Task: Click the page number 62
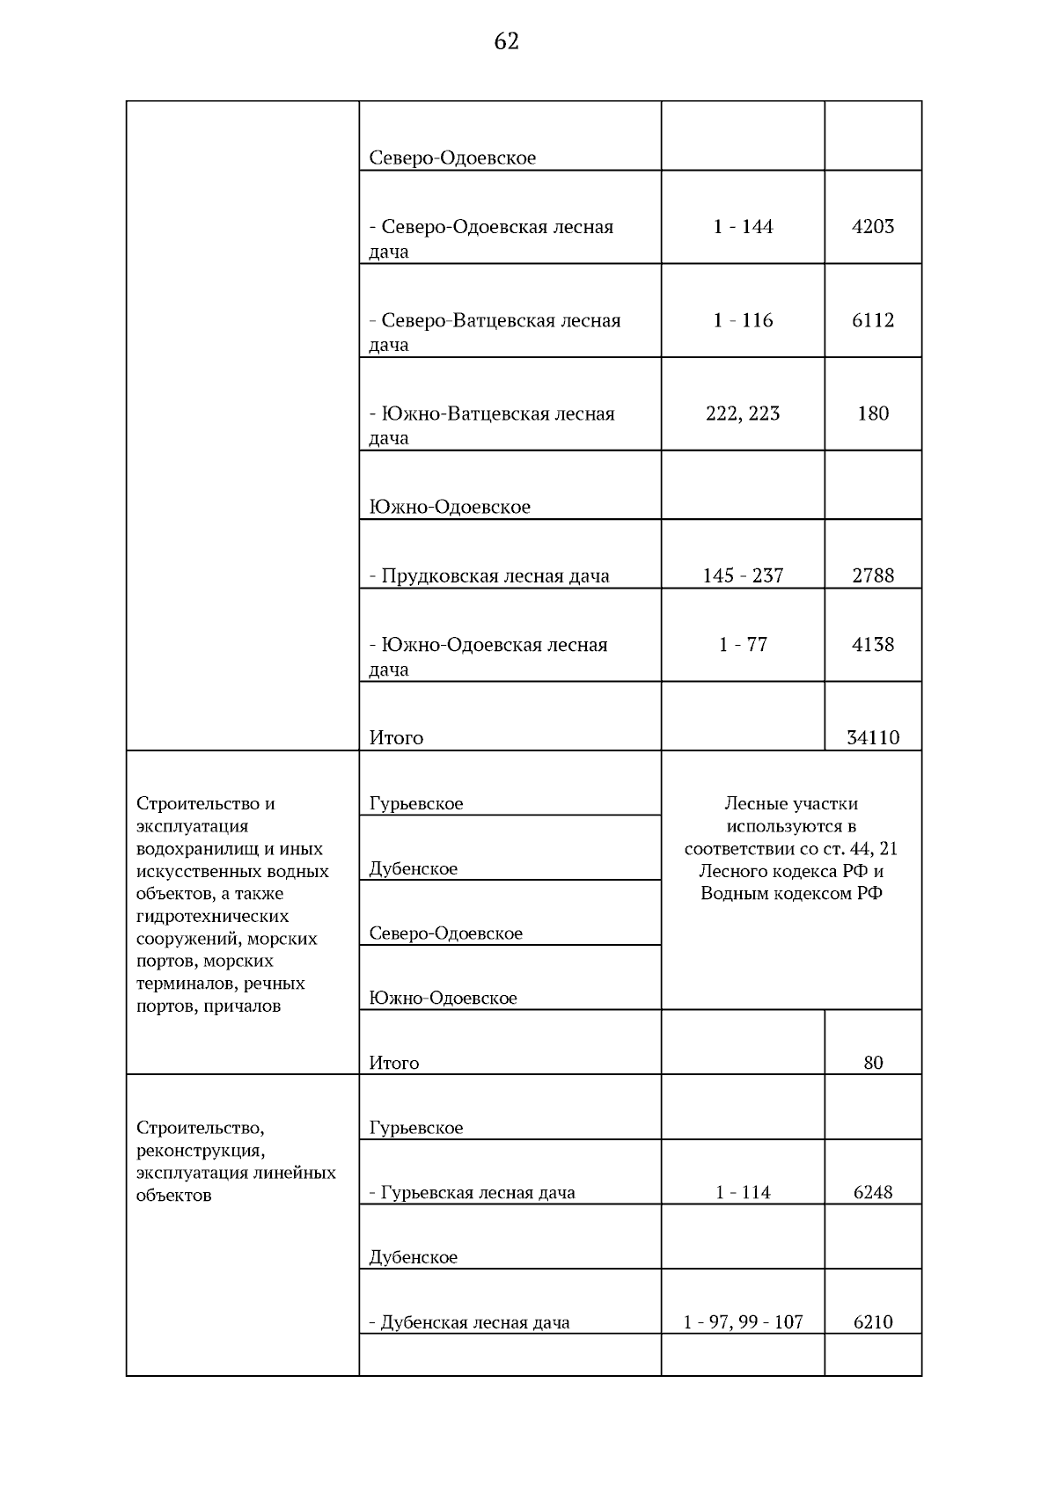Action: [507, 41]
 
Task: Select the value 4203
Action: [873, 227]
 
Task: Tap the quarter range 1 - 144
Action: [743, 227]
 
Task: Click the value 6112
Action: [873, 320]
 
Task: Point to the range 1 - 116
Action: [743, 320]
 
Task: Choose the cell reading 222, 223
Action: [743, 414]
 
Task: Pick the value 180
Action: [873, 414]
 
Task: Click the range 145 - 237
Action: [743, 576]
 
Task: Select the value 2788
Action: [873, 576]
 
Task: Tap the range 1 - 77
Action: [743, 645]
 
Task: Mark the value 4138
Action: [873, 645]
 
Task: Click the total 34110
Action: [873, 738]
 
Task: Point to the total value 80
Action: [873, 1063]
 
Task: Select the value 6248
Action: [873, 1193]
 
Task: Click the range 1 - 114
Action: [743, 1193]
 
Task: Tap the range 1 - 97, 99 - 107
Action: [743, 1322]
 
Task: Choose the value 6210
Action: [873, 1322]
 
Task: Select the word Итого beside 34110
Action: [396, 738]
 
